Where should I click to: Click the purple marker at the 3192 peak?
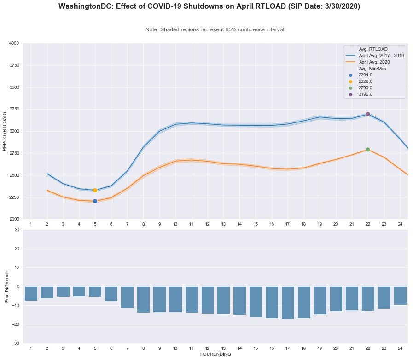368,114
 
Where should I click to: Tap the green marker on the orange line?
368,150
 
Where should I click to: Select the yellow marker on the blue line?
95,190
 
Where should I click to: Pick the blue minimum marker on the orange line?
95,201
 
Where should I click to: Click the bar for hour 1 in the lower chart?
31,294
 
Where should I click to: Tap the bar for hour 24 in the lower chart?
400,296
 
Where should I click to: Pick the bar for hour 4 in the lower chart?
79,291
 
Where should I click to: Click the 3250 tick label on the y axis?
13,110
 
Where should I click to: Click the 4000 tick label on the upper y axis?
13,43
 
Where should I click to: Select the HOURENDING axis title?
215,354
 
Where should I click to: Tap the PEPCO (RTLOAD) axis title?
5,131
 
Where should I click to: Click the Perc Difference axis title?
6,286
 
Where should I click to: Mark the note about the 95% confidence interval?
215,29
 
